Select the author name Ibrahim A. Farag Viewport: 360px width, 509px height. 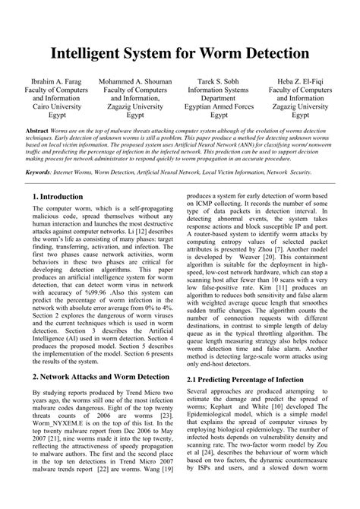(x=56, y=81)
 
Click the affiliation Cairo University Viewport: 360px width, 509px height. (x=56, y=107)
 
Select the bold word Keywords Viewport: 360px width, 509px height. (x=43, y=172)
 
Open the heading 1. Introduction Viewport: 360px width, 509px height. (x=58, y=197)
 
